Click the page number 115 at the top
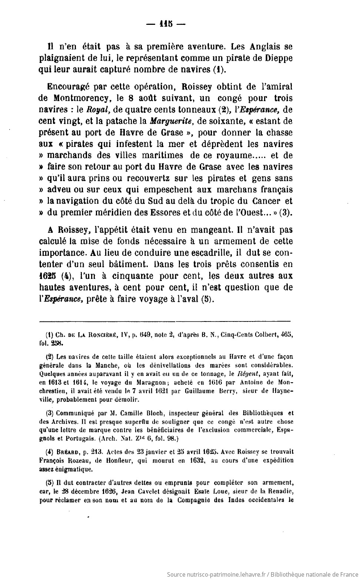tap(166, 24)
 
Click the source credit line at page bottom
tap(262, 574)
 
